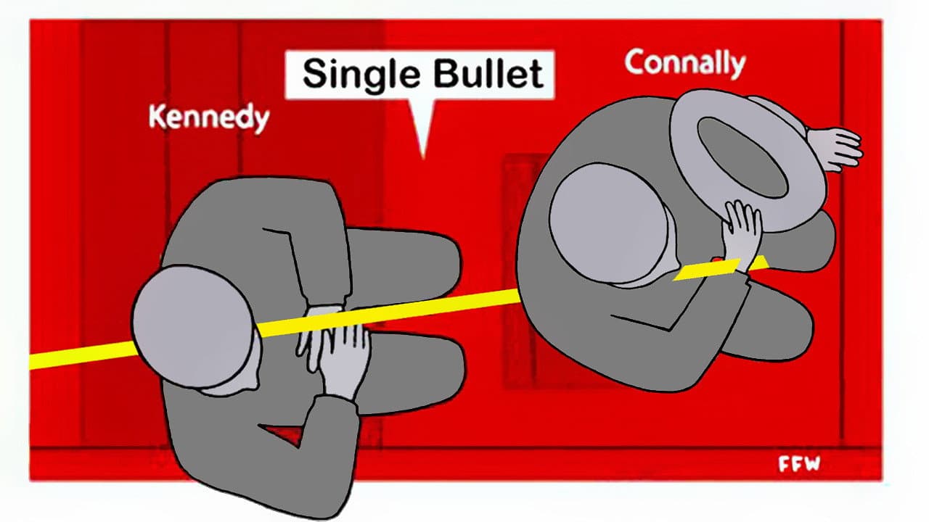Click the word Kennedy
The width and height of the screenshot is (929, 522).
pos(208,117)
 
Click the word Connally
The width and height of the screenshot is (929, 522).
pos(684,63)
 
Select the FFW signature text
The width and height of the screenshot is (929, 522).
pos(799,464)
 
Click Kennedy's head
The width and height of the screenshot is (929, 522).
pos(192,326)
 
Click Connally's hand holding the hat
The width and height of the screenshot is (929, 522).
pos(742,231)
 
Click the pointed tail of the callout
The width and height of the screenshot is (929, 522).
pos(422,138)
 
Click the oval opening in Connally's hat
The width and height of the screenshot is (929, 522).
pos(740,156)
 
